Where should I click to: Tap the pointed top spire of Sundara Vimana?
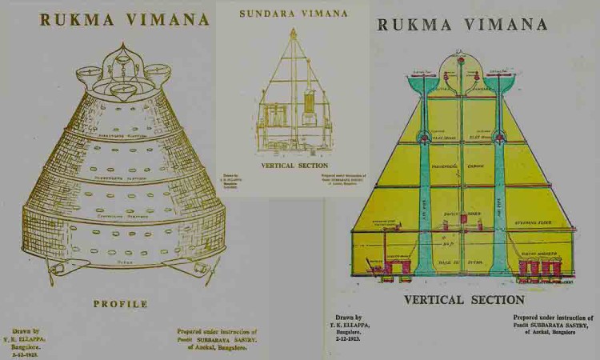(294, 33)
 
